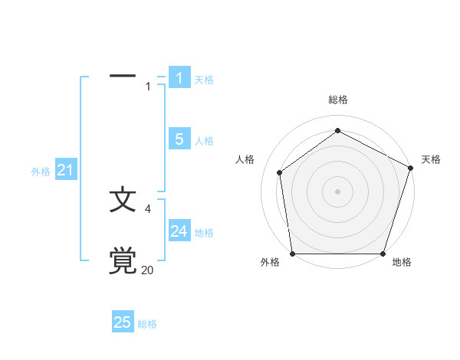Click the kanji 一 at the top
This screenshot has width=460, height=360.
[123, 77]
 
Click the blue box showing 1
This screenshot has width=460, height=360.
[179, 78]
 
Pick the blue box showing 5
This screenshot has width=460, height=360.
[179, 139]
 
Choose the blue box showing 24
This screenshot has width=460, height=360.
[179, 231]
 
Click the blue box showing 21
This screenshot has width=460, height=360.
[65, 171]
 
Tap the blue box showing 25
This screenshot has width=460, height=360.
[123, 322]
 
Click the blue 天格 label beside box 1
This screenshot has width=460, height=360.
[204, 80]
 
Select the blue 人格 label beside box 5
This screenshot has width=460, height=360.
[204, 141]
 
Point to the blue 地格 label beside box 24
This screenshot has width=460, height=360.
[204, 233]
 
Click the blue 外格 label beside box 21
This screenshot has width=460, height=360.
[41, 172]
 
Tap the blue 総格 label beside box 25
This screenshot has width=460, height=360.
[147, 324]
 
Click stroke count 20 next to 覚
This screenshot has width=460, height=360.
[147, 270]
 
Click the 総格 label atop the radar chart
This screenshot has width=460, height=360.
[337, 100]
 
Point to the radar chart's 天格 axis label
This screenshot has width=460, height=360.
[431, 159]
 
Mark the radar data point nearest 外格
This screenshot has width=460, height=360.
[293, 254]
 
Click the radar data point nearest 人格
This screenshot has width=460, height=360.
[280, 172]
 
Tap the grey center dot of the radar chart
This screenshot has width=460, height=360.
[337, 191]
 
